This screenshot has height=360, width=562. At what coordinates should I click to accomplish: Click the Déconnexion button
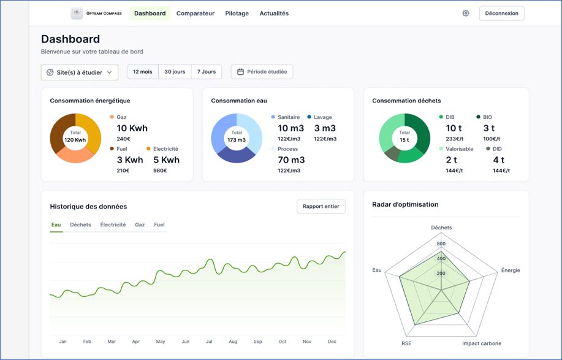(x=501, y=13)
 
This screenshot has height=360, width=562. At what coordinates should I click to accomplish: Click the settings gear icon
(x=466, y=13)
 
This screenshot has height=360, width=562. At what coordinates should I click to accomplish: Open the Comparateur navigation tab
(x=196, y=13)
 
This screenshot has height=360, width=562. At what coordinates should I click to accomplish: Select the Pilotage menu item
(x=237, y=13)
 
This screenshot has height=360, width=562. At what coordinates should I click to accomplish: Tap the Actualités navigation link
(x=274, y=13)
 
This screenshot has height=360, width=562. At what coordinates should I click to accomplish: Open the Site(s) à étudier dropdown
(x=80, y=72)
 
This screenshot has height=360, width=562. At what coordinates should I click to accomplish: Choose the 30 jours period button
(x=175, y=72)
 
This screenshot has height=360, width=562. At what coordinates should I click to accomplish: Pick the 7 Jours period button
(x=207, y=72)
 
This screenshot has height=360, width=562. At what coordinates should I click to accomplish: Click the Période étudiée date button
(x=262, y=72)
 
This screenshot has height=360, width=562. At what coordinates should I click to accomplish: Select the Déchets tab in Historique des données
(x=80, y=225)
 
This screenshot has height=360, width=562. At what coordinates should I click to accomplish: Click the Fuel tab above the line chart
(x=159, y=225)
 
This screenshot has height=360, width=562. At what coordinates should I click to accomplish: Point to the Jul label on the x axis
(x=209, y=342)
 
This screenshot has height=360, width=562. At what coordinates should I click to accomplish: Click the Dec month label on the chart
(x=332, y=342)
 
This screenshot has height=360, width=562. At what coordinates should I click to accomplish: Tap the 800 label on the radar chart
(x=441, y=244)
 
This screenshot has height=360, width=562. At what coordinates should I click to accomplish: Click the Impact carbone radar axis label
(x=481, y=343)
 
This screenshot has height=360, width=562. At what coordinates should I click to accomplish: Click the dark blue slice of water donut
(x=236, y=155)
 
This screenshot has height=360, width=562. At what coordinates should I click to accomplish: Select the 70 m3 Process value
(x=291, y=159)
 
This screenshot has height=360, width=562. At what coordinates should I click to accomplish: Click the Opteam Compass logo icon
(x=77, y=13)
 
